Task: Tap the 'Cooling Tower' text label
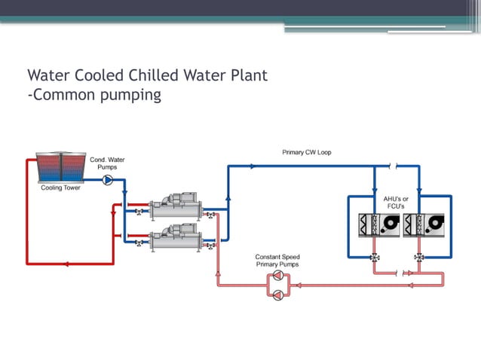click(60, 188)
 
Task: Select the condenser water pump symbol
click(107, 180)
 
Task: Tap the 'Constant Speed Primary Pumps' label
click(277, 261)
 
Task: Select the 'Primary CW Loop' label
click(306, 152)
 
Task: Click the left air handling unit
click(378, 224)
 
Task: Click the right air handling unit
click(421, 224)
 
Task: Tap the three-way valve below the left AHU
click(375, 257)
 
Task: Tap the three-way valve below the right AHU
click(420, 257)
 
